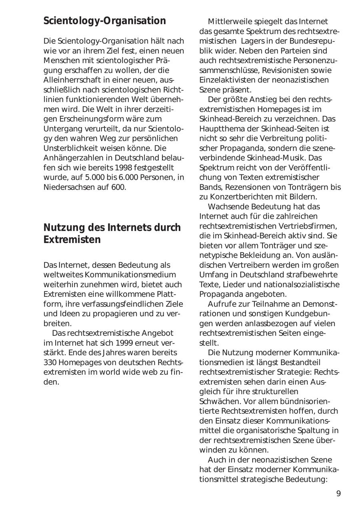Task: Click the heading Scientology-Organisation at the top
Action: coord(104,21)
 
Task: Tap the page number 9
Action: coord(338,493)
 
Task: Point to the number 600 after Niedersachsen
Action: coord(119,187)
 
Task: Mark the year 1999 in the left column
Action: coord(124,343)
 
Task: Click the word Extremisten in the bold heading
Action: coord(72,240)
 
